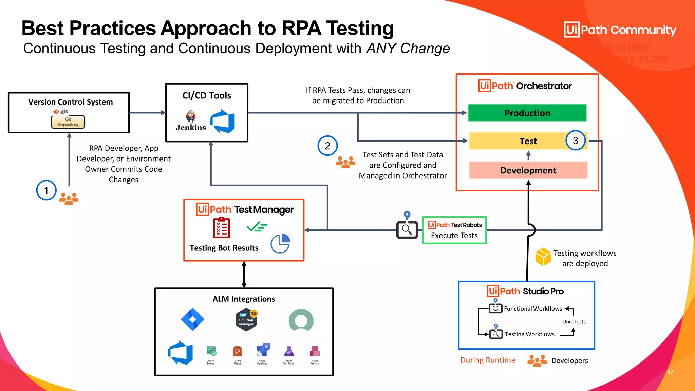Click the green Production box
[527, 113]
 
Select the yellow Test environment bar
[519, 141]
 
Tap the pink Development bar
[528, 170]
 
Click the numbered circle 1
[46, 190]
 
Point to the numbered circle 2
[327, 146]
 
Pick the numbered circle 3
[575, 140]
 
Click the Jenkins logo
[191, 121]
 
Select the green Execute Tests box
[454, 230]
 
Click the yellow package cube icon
[543, 257]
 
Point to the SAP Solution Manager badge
[246, 319]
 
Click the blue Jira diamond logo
[192, 319]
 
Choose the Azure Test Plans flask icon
[289, 352]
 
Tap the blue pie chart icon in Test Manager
[280, 243]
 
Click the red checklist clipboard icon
[222, 228]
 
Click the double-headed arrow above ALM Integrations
[244, 275]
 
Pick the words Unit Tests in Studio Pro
[574, 322]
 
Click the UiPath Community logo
[620, 30]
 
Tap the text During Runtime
[488, 360]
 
